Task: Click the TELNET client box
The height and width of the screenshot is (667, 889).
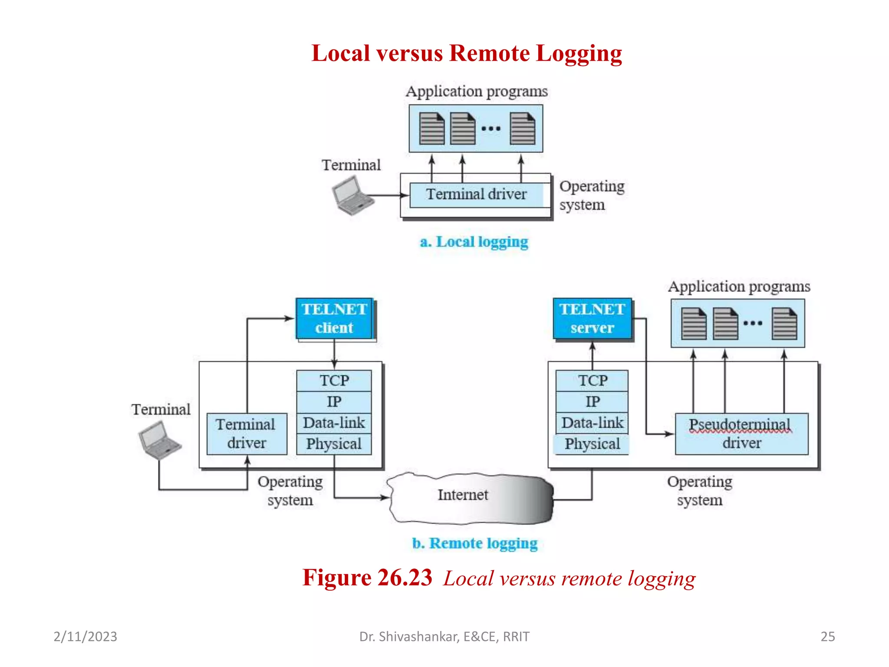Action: (334, 319)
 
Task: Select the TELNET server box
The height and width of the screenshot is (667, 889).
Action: (592, 319)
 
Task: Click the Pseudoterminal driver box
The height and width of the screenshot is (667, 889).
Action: (741, 434)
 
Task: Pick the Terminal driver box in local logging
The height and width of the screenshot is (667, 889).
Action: (476, 195)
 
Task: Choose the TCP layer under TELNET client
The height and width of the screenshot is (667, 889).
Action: (334, 381)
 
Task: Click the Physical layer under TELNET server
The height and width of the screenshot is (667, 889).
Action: (592, 444)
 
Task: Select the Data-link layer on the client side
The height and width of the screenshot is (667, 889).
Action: (334, 423)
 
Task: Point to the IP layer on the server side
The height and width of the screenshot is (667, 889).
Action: (592, 402)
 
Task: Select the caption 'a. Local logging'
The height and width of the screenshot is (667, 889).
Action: (474, 242)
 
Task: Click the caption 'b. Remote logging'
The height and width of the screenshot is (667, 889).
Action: (474, 543)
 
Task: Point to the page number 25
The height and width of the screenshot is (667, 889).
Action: (827, 637)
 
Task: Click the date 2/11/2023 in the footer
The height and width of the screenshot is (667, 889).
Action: (85, 637)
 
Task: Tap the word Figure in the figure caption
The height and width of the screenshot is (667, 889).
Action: (336, 578)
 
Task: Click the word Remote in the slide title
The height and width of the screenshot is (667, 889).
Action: (490, 53)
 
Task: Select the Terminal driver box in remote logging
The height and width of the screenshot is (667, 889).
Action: (247, 434)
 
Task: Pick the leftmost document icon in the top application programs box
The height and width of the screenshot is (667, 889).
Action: (431, 129)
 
